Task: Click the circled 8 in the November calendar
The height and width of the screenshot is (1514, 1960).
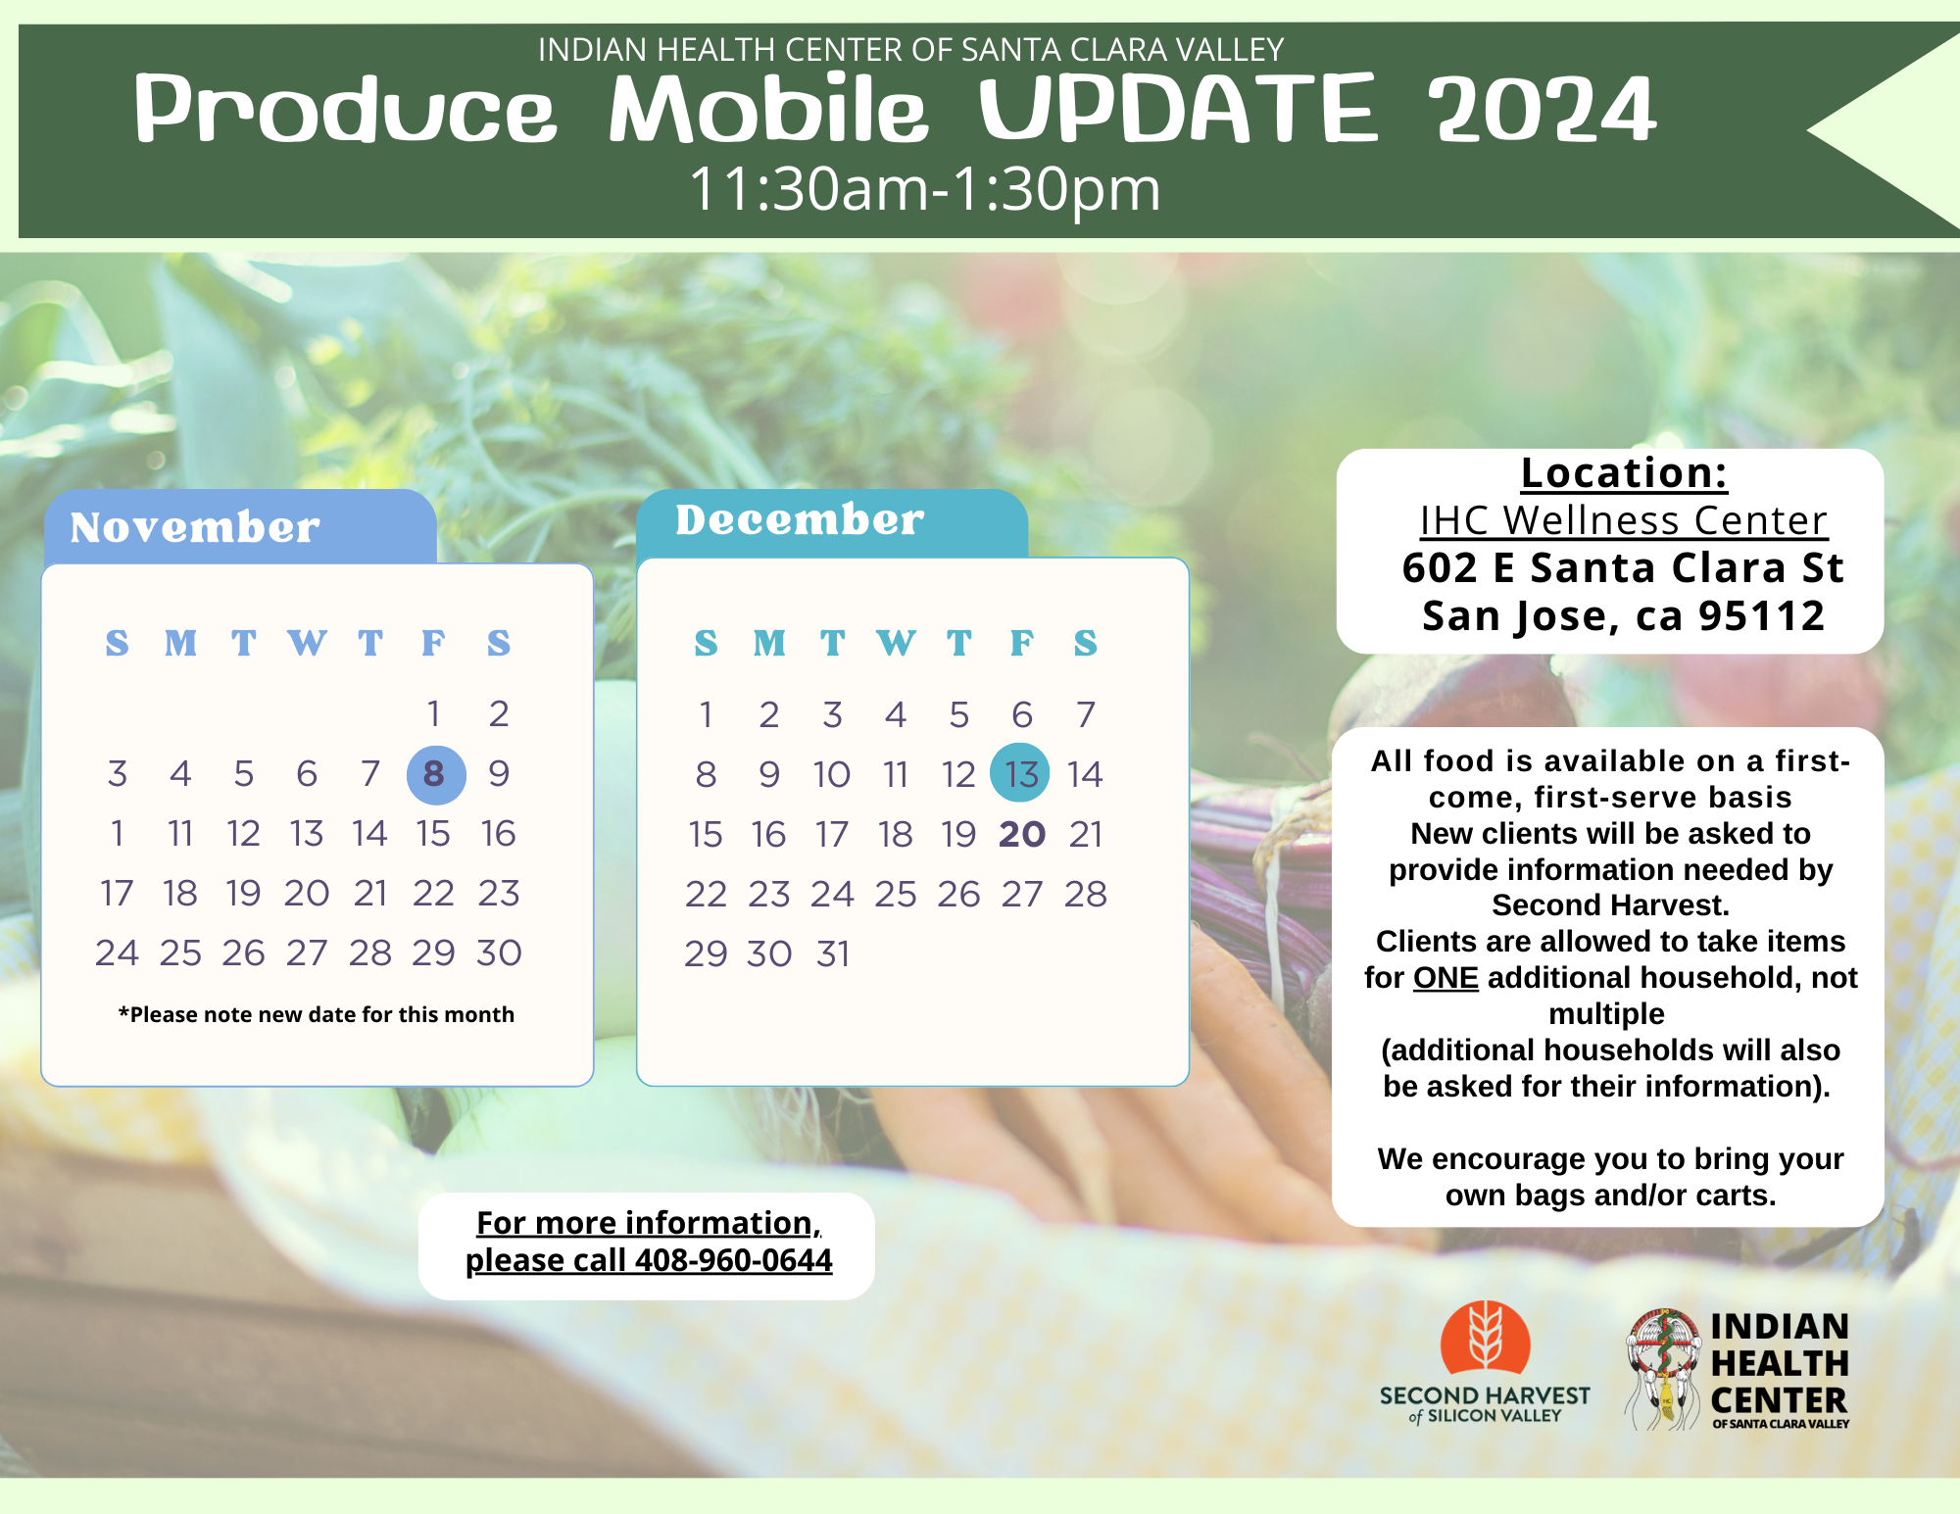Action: tap(435, 774)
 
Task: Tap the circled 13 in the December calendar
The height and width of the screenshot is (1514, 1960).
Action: tap(1020, 773)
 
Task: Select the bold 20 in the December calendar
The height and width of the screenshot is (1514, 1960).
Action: tap(1022, 834)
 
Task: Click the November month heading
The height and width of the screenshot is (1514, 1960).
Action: tap(194, 527)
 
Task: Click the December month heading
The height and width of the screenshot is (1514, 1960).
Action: tap(800, 519)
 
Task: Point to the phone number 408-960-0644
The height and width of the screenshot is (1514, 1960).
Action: tap(734, 1260)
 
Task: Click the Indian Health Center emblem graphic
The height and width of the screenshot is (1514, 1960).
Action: tap(1663, 1369)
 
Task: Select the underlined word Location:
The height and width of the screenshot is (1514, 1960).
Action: tap(1624, 473)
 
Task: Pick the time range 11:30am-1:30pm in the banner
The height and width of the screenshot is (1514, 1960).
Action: tap(925, 188)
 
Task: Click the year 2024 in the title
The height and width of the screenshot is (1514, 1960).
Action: tap(1542, 110)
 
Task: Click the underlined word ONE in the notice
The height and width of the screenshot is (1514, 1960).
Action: tap(1445, 978)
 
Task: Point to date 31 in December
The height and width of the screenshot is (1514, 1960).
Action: tap(833, 953)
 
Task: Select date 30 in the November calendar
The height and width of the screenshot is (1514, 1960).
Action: tap(499, 952)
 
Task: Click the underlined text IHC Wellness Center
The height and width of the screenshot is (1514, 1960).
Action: tap(1624, 520)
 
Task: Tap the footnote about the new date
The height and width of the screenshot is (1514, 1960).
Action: tap(317, 1014)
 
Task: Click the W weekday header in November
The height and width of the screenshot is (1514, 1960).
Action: tap(307, 643)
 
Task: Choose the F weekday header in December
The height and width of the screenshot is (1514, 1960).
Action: tap(1022, 643)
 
